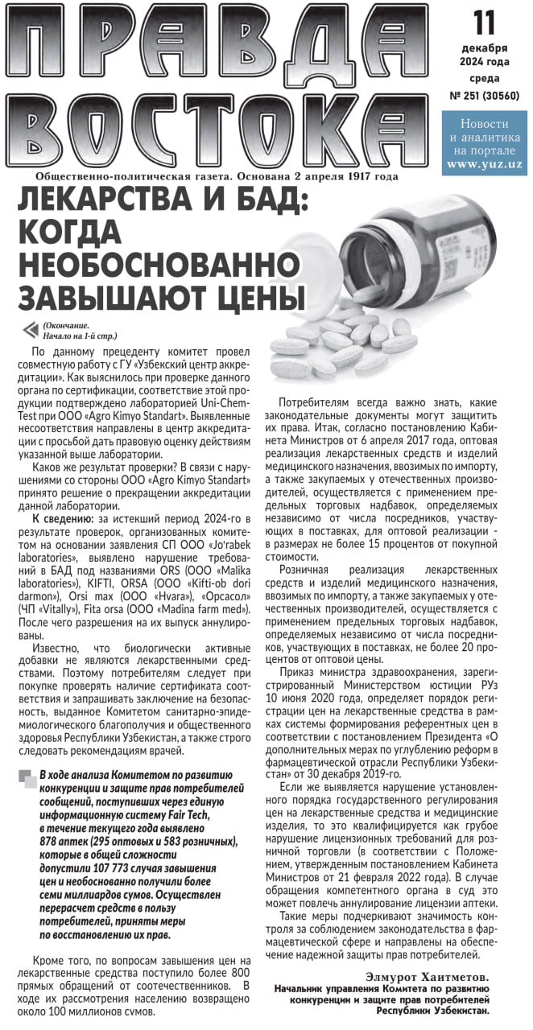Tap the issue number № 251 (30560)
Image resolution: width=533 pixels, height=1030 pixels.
pyautogui.click(x=484, y=95)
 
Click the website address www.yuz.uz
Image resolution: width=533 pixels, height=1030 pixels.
pyautogui.click(x=484, y=163)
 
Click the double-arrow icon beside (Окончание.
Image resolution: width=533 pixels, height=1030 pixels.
pyautogui.click(x=31, y=329)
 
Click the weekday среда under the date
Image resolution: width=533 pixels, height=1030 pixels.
pyautogui.click(x=484, y=78)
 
